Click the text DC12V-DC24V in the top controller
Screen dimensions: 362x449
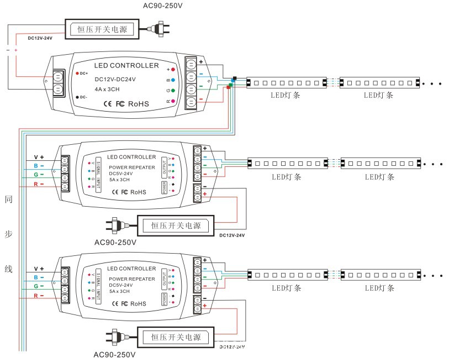coord(115,80)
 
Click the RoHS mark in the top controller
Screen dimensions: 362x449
coord(139,103)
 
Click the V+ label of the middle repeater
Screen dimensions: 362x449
coord(39,157)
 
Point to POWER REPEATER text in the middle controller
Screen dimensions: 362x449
coord(131,167)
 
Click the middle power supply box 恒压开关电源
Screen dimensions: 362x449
coord(176,225)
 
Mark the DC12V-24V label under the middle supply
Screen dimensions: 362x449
coord(232,235)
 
